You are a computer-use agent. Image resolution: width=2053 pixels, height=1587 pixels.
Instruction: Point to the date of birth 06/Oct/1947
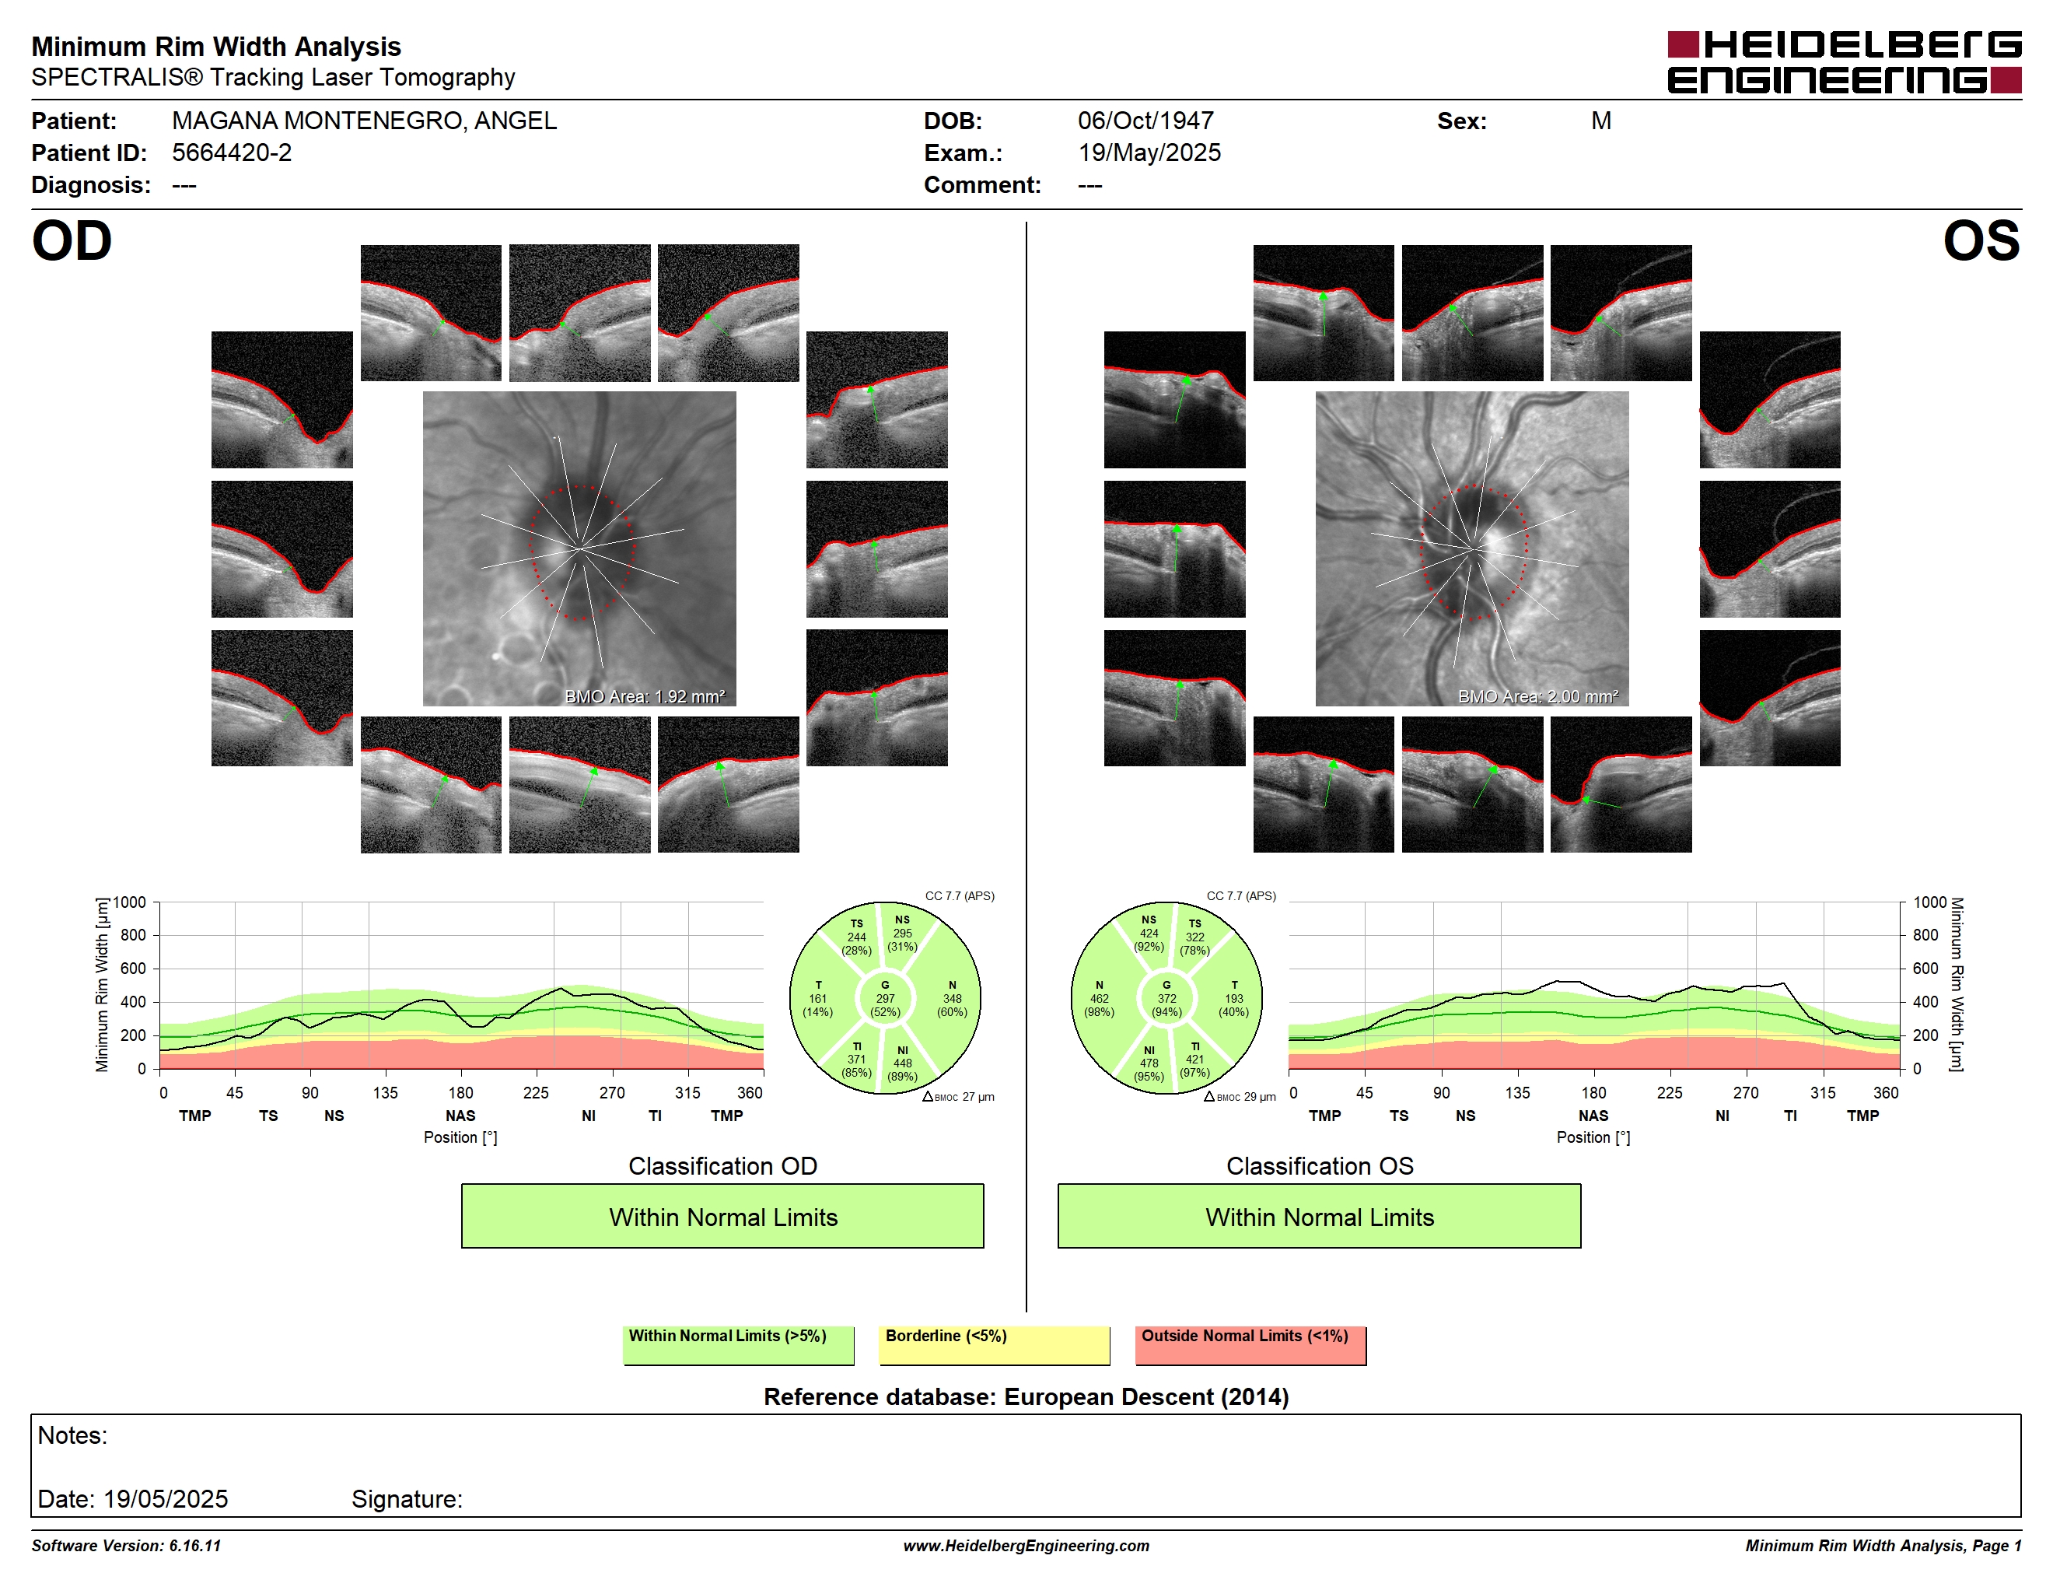(x=1146, y=121)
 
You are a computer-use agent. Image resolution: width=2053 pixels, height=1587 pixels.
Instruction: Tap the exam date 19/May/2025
(x=1149, y=153)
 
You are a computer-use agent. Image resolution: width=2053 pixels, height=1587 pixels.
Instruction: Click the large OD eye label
(x=72, y=242)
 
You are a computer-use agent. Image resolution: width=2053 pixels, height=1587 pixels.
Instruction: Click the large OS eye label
(x=1981, y=242)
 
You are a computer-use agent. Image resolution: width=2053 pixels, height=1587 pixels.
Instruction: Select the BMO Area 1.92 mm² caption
(x=645, y=697)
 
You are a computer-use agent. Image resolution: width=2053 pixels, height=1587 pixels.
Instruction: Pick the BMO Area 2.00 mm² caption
(x=1538, y=697)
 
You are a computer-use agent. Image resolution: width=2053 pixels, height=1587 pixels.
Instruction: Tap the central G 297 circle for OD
(x=884, y=998)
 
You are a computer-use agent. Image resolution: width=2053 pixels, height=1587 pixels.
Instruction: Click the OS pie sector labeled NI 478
(x=1149, y=1063)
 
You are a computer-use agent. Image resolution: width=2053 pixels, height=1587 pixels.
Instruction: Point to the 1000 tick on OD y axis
(x=130, y=902)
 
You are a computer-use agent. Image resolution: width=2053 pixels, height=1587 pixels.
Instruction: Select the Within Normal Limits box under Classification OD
(x=722, y=1217)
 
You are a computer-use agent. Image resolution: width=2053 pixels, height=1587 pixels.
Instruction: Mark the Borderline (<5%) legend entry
(x=994, y=1344)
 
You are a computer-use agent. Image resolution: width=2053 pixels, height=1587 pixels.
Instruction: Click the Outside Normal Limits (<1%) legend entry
(x=1250, y=1344)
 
